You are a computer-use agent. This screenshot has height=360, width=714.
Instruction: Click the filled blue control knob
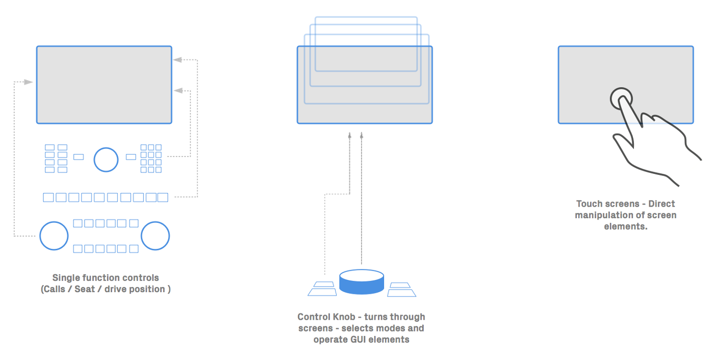pyautogui.click(x=361, y=282)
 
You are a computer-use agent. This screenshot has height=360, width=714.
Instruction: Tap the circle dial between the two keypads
pyautogui.click(x=106, y=159)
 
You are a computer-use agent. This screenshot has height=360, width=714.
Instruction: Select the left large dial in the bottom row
pyautogui.click(x=54, y=236)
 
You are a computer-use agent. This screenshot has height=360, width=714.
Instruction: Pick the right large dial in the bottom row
pyautogui.click(x=155, y=236)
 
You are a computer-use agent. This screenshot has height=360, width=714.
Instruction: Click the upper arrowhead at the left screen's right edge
pyautogui.click(x=177, y=60)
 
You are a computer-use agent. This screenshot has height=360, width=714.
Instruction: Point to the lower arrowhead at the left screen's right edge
pyautogui.click(x=177, y=90)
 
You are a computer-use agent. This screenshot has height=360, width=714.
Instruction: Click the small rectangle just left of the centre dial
pyautogui.click(x=79, y=157)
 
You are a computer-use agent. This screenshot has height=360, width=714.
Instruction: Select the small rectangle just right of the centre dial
pyautogui.click(x=131, y=157)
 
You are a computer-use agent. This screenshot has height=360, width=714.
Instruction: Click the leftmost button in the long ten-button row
pyautogui.click(x=48, y=197)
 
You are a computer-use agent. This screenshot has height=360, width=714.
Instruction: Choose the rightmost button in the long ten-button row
pyautogui.click(x=163, y=197)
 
